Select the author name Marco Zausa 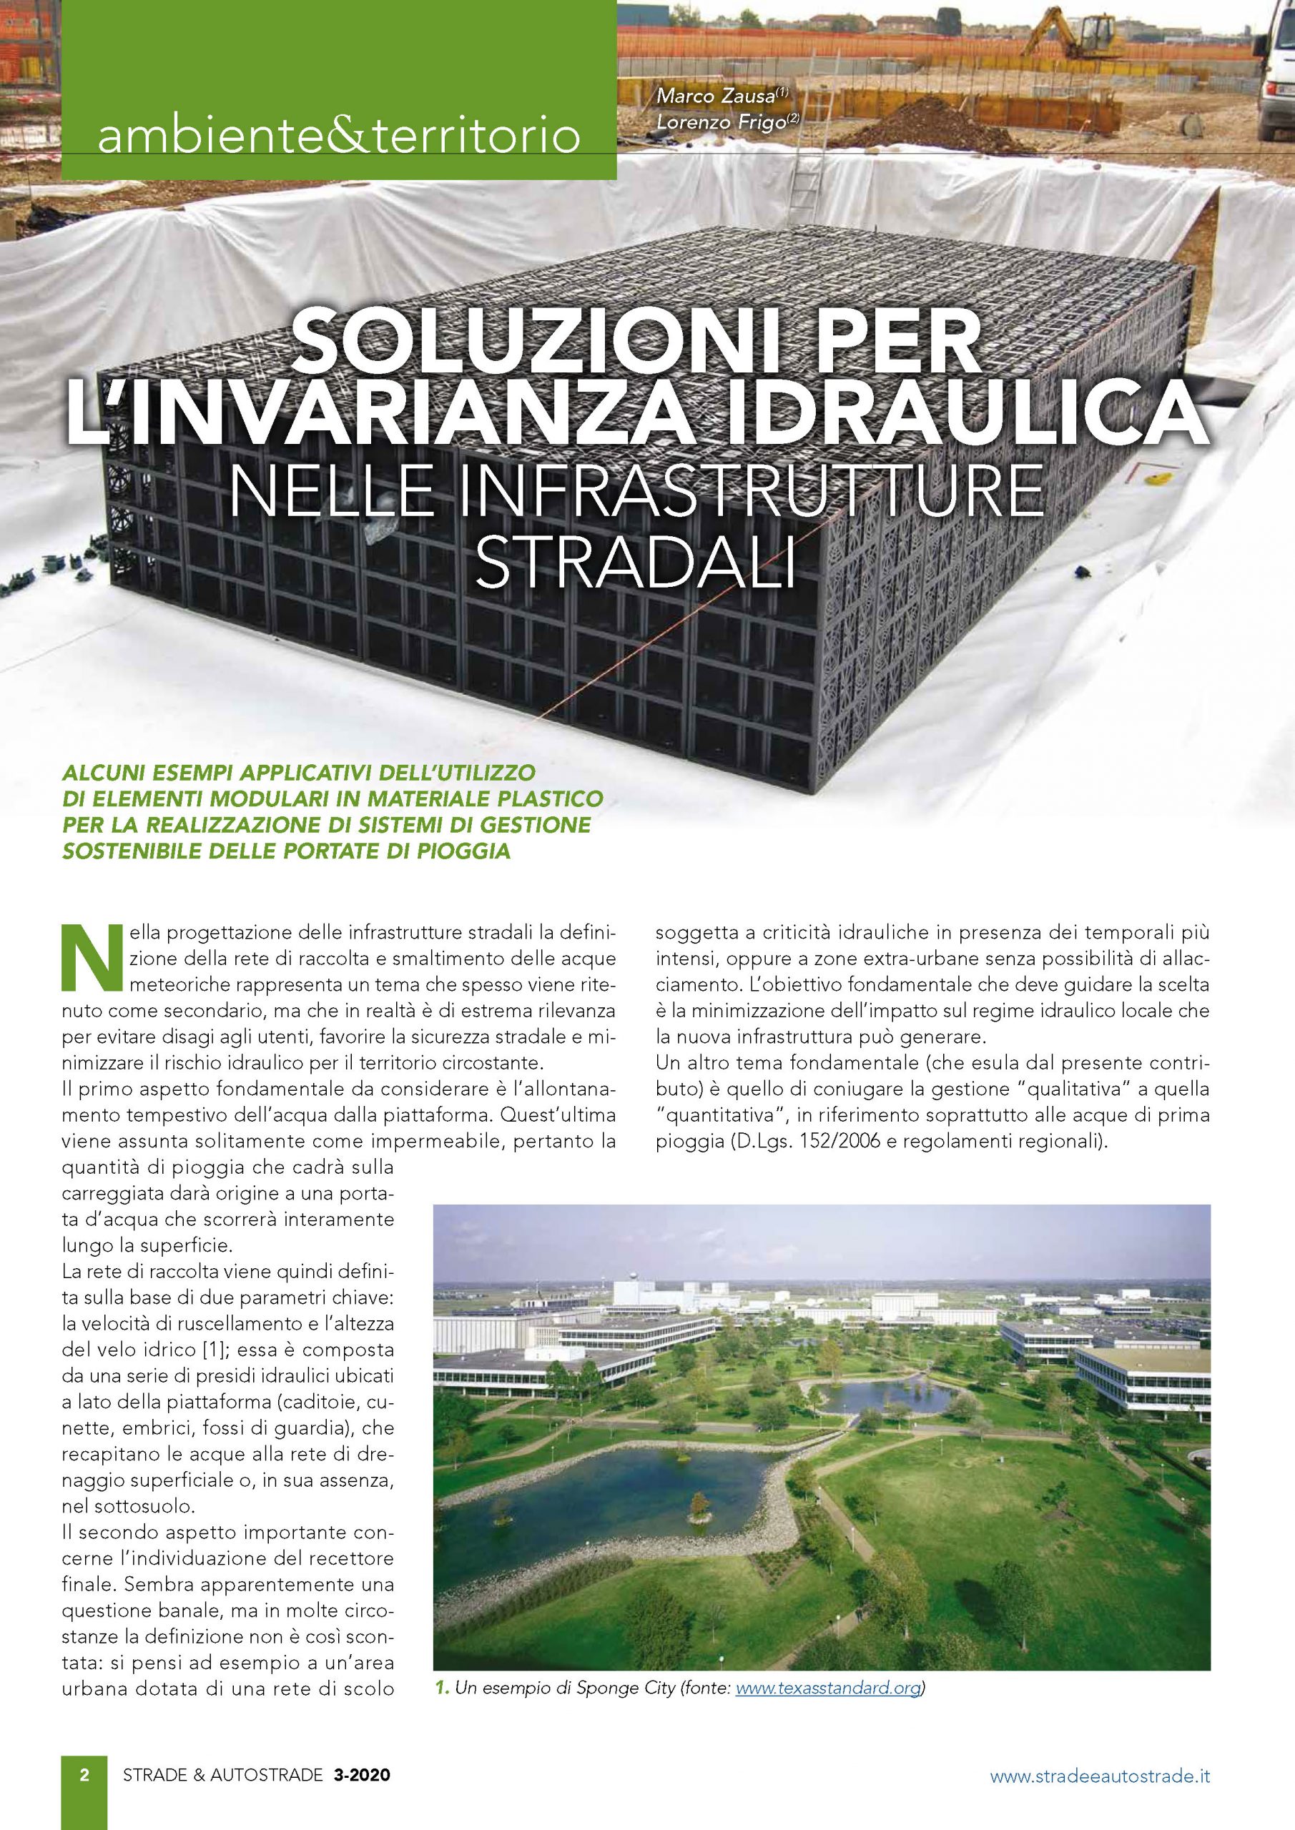(717, 97)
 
